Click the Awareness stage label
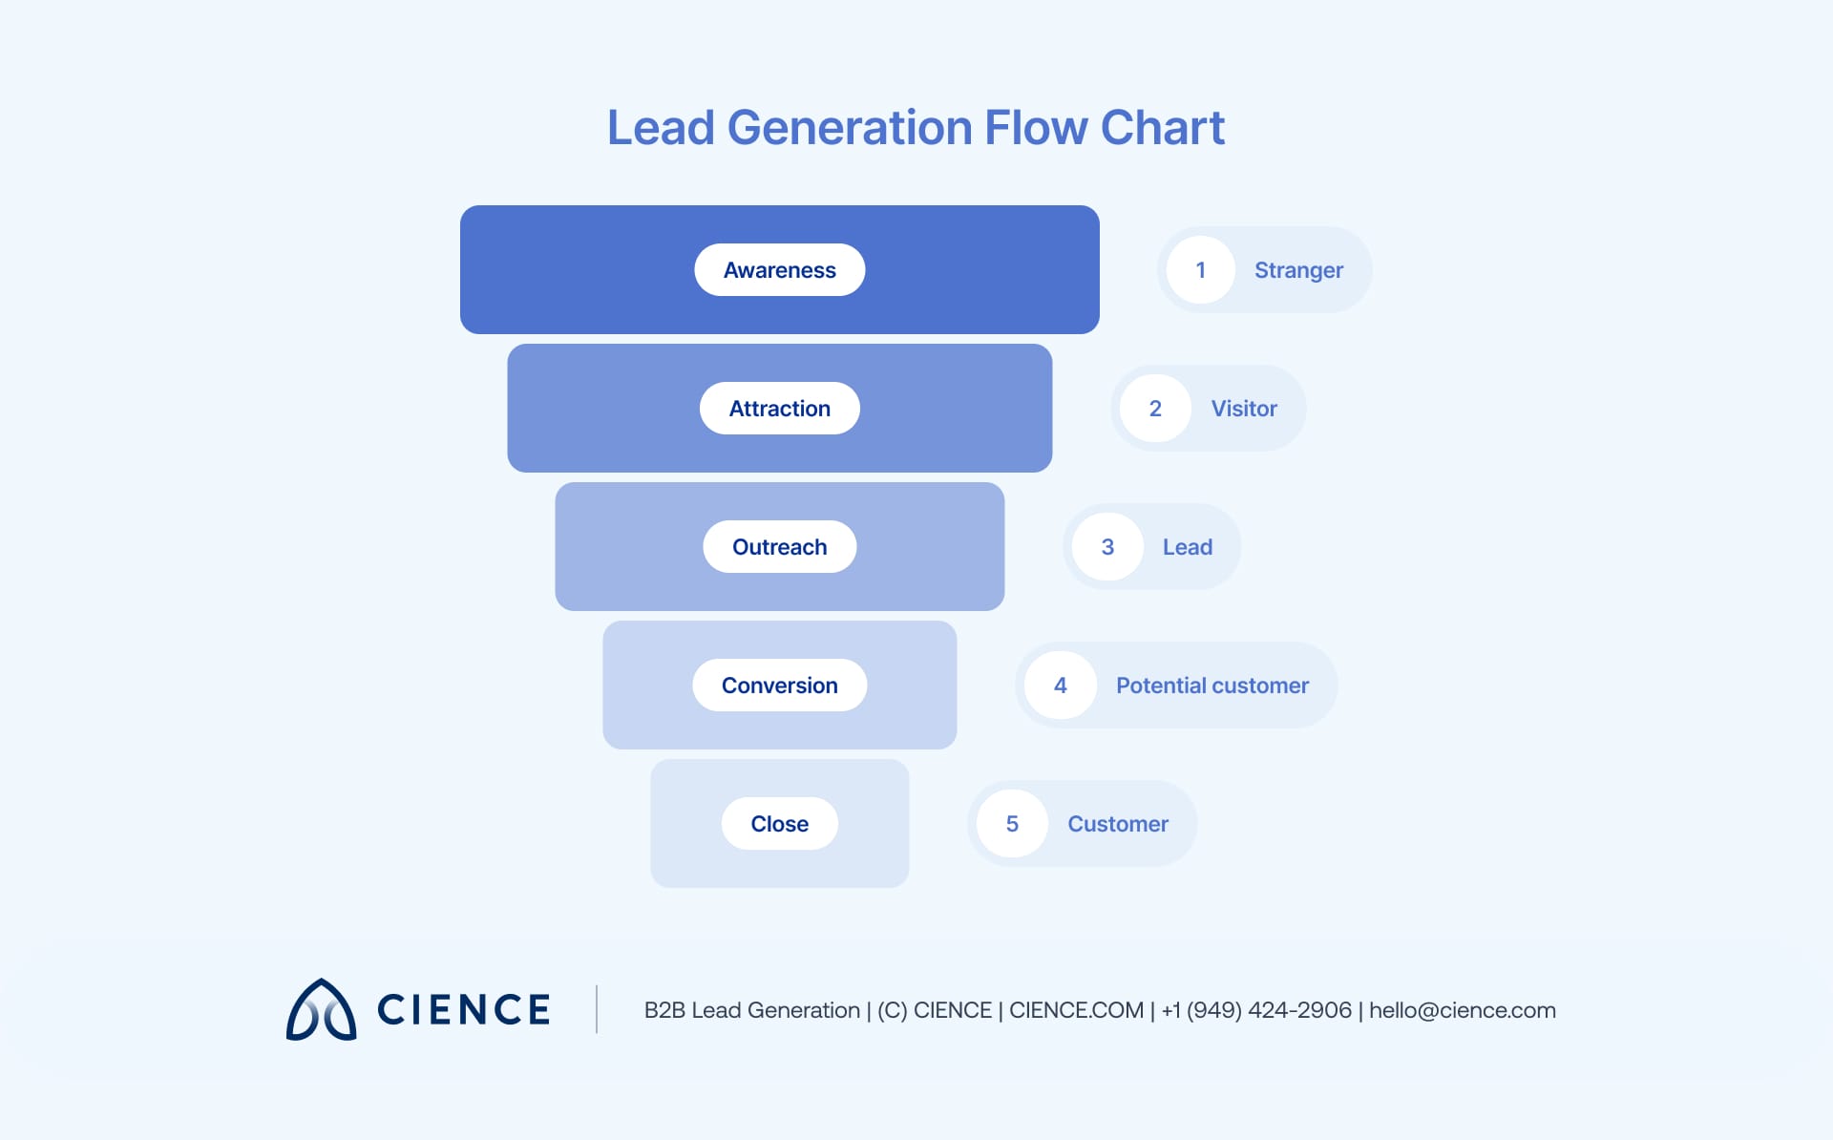(x=779, y=270)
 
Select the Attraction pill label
(x=779, y=409)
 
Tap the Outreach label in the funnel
(x=779, y=547)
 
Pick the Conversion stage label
(x=779, y=686)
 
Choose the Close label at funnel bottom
(x=779, y=824)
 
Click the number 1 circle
(x=1200, y=270)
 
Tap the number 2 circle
(x=1155, y=409)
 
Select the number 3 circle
(x=1107, y=547)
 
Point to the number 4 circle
(x=1060, y=686)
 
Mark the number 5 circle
(x=1012, y=824)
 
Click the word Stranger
(x=1298, y=270)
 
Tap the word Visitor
(x=1244, y=409)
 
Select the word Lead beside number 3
(x=1187, y=547)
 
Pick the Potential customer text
(x=1211, y=686)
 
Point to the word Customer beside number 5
(x=1117, y=824)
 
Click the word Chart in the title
(x=1162, y=128)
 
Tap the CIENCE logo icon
(x=322, y=1009)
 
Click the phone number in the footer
(x=1256, y=1010)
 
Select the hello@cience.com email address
(x=1462, y=1010)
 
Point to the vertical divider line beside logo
(x=597, y=1009)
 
